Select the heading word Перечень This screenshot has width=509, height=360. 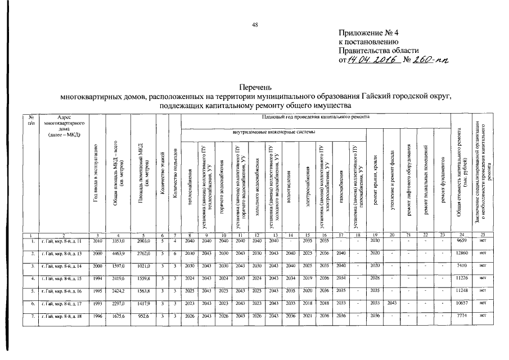255,88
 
